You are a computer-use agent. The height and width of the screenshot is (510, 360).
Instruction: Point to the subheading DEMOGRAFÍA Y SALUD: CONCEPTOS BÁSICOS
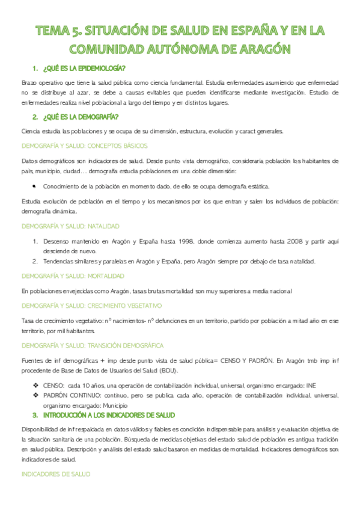tap(84, 146)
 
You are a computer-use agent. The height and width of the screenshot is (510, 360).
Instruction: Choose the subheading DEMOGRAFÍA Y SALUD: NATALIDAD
tap(70, 226)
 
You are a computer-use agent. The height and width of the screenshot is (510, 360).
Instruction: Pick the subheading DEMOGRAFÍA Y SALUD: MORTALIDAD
tap(73, 276)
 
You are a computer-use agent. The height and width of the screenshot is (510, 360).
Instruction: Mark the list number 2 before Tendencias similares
tap(35, 261)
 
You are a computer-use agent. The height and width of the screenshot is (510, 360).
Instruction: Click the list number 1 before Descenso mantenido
tap(35, 242)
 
